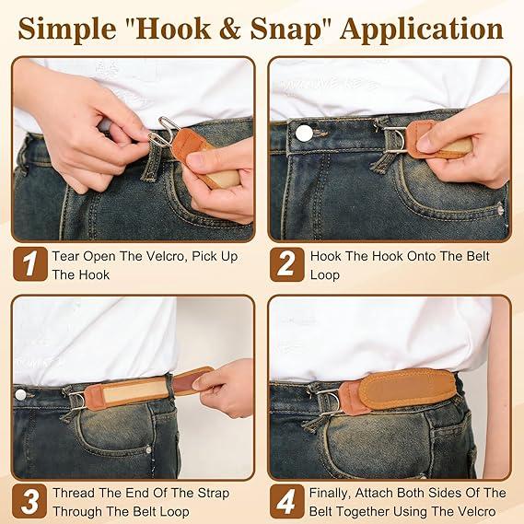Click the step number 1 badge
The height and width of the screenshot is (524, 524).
click(30, 265)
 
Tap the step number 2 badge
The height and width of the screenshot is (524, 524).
click(287, 265)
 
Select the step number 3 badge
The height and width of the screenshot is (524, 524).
click(30, 501)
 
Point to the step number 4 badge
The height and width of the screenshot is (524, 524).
click(287, 501)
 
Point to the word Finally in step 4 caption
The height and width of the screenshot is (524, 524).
click(332, 493)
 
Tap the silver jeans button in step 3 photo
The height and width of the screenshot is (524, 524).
click(20, 394)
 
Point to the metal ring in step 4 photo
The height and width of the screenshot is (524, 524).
click(329, 400)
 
